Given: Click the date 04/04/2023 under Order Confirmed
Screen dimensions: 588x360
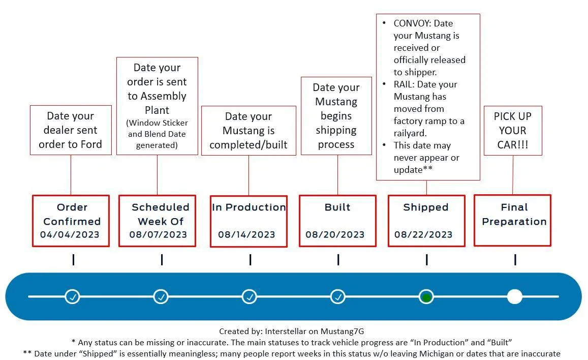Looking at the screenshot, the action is point(70,234).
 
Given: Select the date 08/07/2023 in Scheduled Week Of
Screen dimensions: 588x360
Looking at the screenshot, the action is point(158,234).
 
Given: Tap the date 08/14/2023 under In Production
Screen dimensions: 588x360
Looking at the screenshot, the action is point(246,234).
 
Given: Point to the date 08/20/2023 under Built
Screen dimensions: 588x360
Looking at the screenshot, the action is point(335,234).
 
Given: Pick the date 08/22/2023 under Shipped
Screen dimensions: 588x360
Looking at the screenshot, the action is point(423,234).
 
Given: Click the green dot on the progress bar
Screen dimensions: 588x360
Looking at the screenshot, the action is point(426,297).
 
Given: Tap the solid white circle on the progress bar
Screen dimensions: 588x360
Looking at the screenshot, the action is point(514,296).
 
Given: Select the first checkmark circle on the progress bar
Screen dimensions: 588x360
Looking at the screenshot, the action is point(72,296).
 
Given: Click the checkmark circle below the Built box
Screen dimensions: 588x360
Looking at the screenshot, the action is point(338,296).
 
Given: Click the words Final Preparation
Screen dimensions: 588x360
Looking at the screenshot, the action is point(514,214).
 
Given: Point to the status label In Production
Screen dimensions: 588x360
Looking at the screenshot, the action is point(249,207).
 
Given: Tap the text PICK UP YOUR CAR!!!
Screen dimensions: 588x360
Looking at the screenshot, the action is point(513,131).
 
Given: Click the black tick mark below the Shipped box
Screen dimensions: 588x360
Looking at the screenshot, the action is point(427,259).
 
